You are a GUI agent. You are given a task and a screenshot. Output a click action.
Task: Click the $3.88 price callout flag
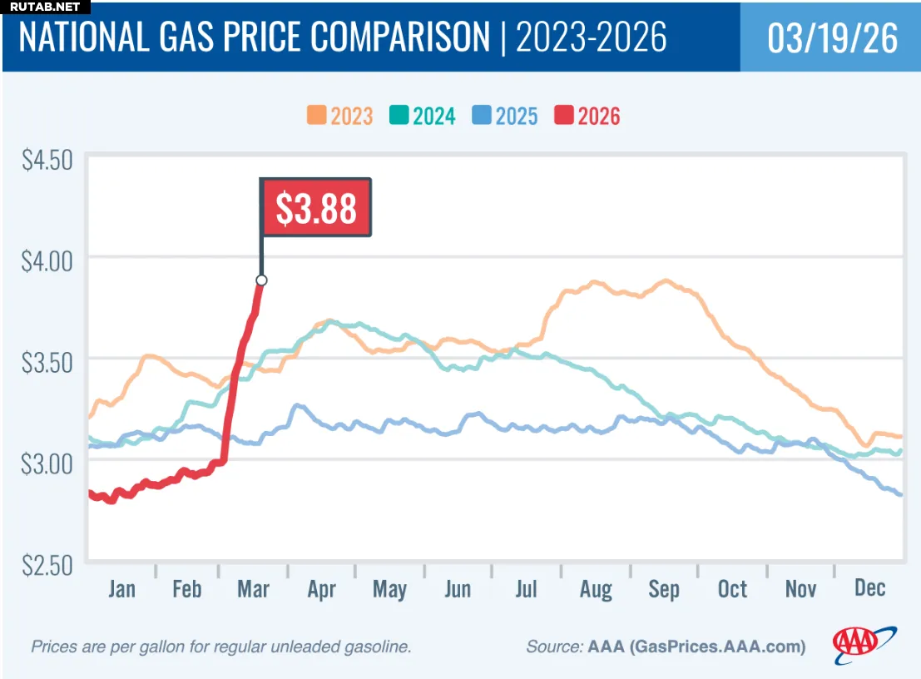pyautogui.click(x=316, y=208)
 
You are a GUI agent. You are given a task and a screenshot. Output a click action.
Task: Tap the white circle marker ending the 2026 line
pyautogui.click(x=261, y=280)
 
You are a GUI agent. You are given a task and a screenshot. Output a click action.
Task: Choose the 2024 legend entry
pyautogui.click(x=422, y=116)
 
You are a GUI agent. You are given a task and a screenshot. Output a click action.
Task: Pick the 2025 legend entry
pyautogui.click(x=504, y=116)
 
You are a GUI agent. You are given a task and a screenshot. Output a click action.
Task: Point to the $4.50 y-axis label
pyautogui.click(x=47, y=159)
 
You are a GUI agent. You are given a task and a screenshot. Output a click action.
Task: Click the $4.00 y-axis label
pyautogui.click(x=47, y=260)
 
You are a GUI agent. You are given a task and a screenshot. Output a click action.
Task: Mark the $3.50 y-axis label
pyautogui.click(x=47, y=360)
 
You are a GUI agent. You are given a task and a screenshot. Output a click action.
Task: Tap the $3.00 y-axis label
pyautogui.click(x=47, y=462)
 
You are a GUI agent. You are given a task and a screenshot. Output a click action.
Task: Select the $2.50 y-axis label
pyautogui.click(x=47, y=563)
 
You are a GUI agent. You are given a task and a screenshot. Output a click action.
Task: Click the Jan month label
pyautogui.click(x=121, y=588)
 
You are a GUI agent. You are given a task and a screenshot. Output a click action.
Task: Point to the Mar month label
pyautogui.click(x=253, y=588)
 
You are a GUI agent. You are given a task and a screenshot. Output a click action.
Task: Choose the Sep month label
pyautogui.click(x=663, y=588)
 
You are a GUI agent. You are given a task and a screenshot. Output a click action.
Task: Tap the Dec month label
pyautogui.click(x=869, y=587)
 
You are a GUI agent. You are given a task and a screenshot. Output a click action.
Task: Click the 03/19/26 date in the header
pyautogui.click(x=832, y=38)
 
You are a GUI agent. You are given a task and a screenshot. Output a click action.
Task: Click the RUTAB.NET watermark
pyautogui.click(x=46, y=7)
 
